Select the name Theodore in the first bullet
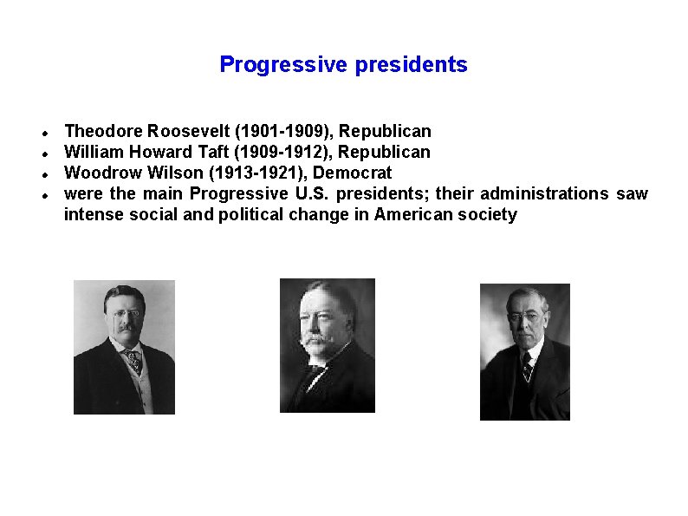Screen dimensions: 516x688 tap(104, 132)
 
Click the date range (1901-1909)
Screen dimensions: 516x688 tap(283, 132)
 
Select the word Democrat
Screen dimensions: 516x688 tap(353, 173)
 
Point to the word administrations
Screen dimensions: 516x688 tap(545, 193)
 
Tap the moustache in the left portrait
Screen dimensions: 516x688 tap(125, 327)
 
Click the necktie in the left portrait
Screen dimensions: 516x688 tap(133, 359)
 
